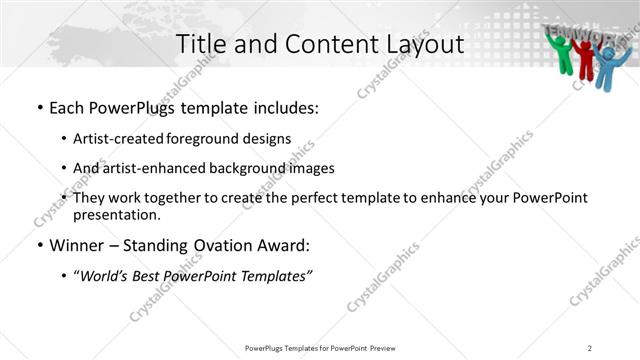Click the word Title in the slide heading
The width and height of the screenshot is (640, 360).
pyautogui.click(x=198, y=44)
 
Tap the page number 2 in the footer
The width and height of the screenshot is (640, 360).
pyautogui.click(x=590, y=348)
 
